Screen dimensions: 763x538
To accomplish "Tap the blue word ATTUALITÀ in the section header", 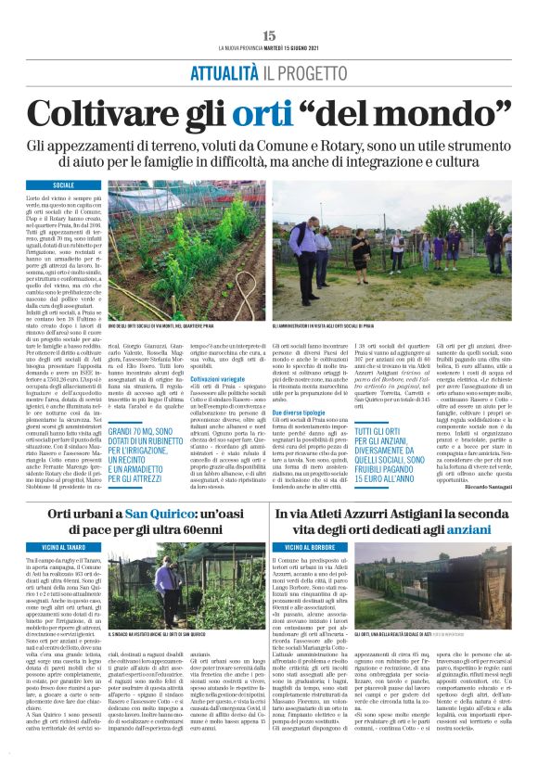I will click(224, 73).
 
